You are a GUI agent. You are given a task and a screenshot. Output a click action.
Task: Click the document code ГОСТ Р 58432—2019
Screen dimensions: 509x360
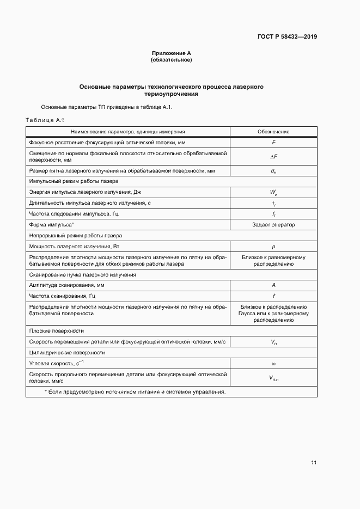click(287, 37)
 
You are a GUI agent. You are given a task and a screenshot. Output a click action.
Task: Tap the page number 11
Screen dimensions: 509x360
click(313, 463)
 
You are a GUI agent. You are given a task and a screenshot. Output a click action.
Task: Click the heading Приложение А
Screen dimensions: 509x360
click(171, 53)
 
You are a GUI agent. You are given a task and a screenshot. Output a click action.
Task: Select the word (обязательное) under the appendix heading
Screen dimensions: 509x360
click(171, 59)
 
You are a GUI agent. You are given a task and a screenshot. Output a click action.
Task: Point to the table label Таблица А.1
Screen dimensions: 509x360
click(45, 119)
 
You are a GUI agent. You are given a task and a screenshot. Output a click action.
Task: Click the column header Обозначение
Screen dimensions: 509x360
click(273, 132)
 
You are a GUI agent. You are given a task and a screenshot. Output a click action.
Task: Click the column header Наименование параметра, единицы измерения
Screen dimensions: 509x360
click(128, 132)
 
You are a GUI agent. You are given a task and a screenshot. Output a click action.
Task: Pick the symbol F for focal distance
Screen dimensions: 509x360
click(273, 142)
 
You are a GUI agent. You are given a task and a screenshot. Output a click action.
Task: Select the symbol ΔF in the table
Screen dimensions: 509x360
click(273, 157)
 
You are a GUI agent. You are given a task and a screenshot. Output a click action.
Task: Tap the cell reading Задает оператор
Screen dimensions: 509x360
click(273, 224)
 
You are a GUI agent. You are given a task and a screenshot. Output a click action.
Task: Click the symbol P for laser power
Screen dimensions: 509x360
click(273, 247)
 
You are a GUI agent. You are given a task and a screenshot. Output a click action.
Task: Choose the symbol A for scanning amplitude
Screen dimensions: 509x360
click(273, 285)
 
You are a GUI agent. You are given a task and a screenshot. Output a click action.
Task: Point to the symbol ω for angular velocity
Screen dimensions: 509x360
click(273, 363)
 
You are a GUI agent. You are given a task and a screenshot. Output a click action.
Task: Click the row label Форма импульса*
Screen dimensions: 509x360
click(52, 224)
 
